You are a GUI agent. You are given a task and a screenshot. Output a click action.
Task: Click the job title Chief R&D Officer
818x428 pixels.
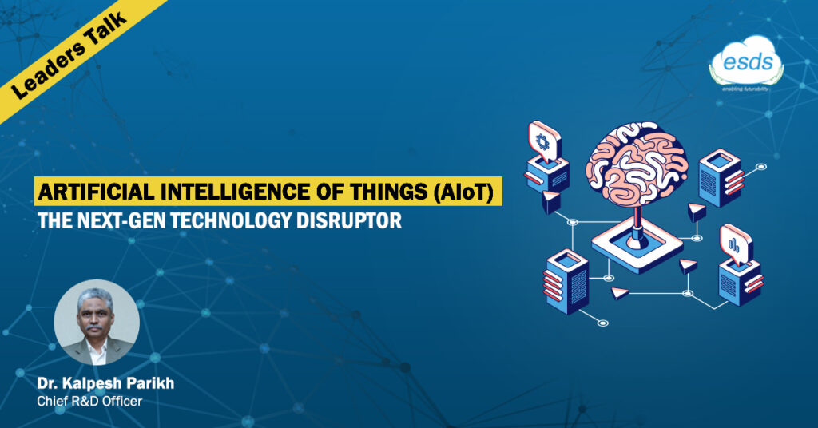point(89,402)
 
